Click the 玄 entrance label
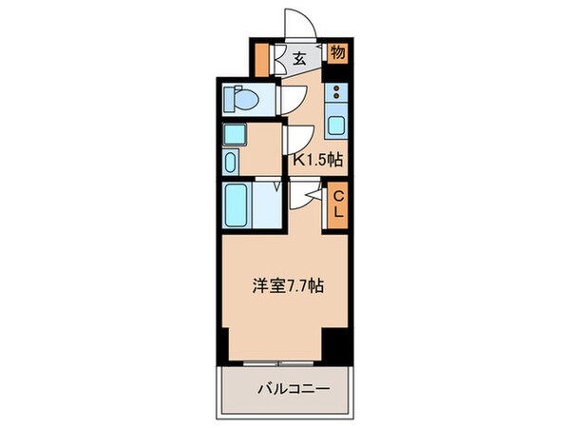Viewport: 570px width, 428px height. pos(298,59)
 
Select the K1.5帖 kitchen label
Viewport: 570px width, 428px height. pos(316,161)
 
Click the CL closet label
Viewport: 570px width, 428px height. pos(336,205)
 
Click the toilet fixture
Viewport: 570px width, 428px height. pos(245,99)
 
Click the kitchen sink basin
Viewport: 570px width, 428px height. pos(336,124)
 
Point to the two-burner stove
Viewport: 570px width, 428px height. pos(336,94)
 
